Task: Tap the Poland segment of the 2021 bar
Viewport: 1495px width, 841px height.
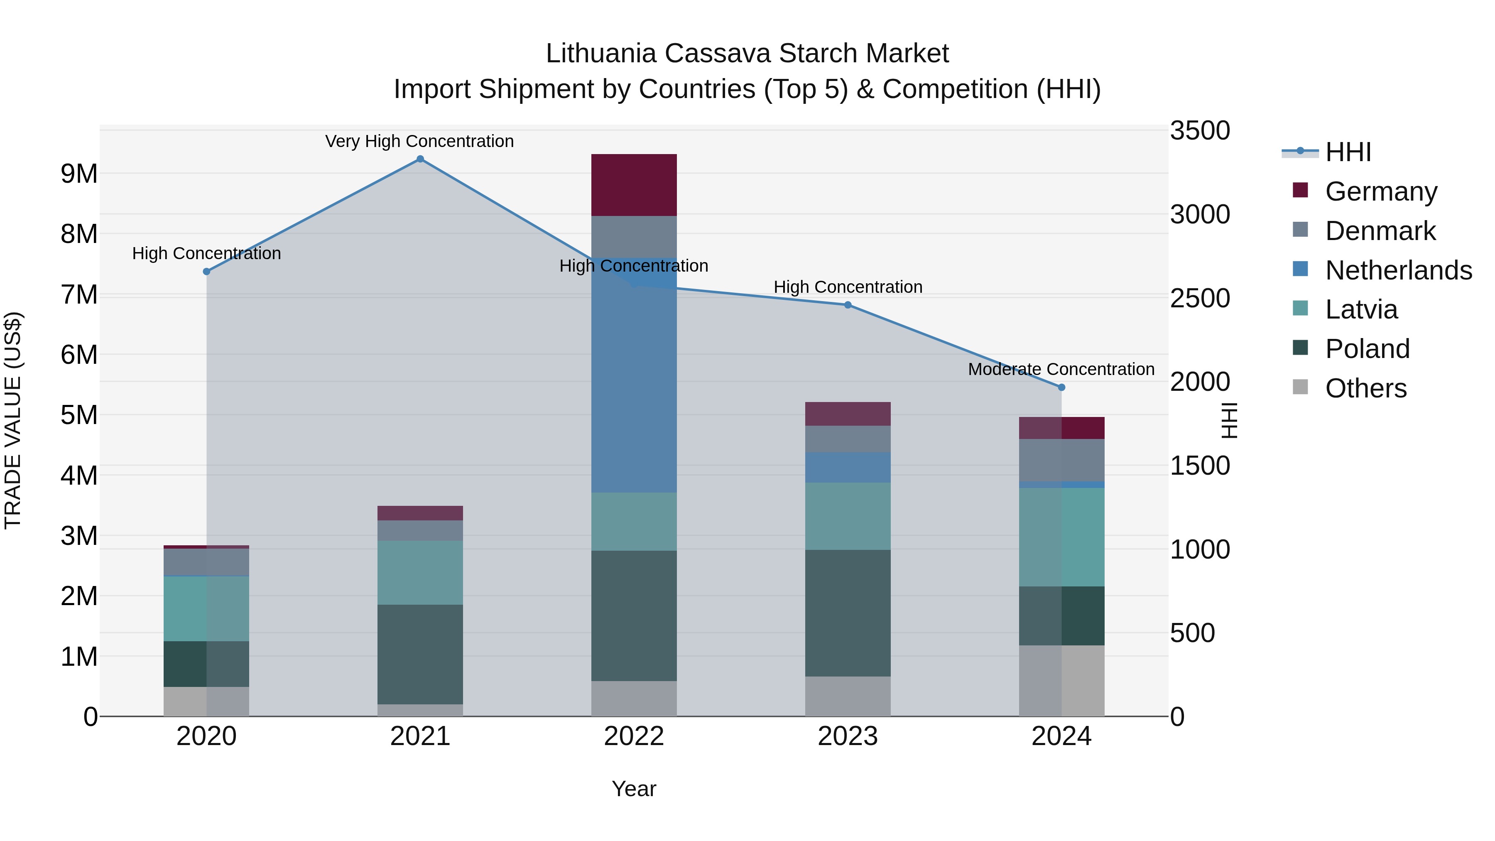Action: click(x=420, y=654)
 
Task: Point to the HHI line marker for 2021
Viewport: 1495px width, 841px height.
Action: click(x=420, y=159)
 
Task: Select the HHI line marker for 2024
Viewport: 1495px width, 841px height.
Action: click(x=1061, y=387)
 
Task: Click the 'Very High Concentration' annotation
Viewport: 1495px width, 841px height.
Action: click(x=419, y=142)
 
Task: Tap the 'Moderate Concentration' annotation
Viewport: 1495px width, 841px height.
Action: click(x=1061, y=369)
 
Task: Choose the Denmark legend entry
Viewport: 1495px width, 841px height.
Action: click(x=1380, y=231)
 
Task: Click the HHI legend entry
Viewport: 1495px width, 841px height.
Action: click(x=1348, y=152)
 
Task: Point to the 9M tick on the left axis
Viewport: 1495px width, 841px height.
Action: click(x=79, y=174)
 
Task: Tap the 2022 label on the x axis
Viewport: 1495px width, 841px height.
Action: click(x=634, y=736)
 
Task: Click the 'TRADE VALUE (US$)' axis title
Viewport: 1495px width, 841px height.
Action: click(x=13, y=420)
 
